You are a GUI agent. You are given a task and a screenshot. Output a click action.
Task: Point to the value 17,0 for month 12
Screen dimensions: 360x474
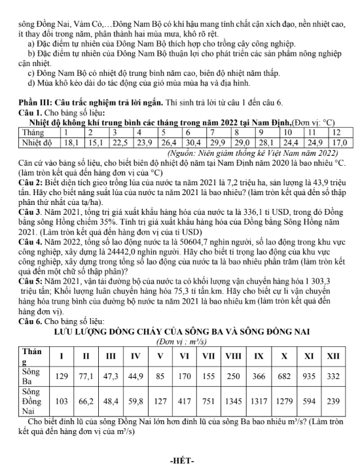click(x=338, y=141)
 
